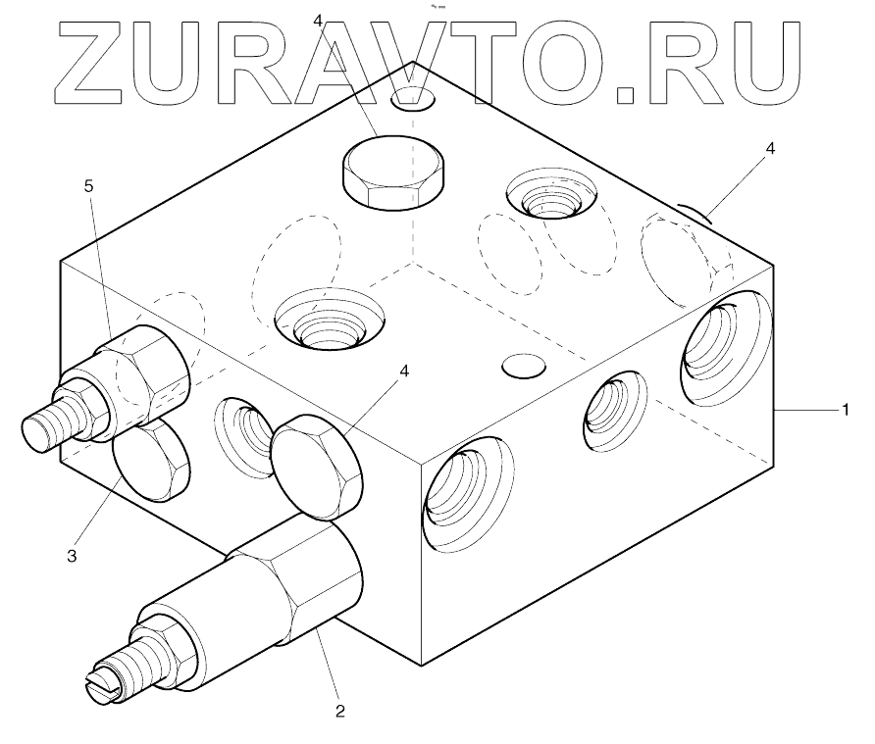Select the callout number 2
340,710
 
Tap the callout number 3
72,556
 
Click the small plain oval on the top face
522,366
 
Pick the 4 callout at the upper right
770,148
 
